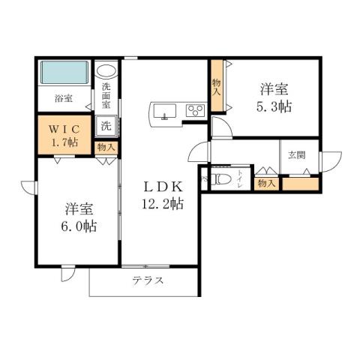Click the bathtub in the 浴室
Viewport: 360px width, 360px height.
(x=64, y=73)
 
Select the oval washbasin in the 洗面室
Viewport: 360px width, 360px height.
(x=106, y=71)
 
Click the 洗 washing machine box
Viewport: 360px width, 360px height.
(x=106, y=126)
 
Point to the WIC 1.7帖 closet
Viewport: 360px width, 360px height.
(x=64, y=133)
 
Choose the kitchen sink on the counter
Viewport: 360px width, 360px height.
(x=164, y=112)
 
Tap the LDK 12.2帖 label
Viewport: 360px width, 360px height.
(x=160, y=194)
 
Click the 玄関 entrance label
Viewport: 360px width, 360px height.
(x=296, y=156)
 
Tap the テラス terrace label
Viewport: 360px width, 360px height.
(x=148, y=281)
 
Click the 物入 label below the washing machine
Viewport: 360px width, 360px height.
(x=106, y=148)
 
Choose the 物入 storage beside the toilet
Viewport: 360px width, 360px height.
(x=265, y=182)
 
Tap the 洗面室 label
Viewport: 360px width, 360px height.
(x=106, y=95)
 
